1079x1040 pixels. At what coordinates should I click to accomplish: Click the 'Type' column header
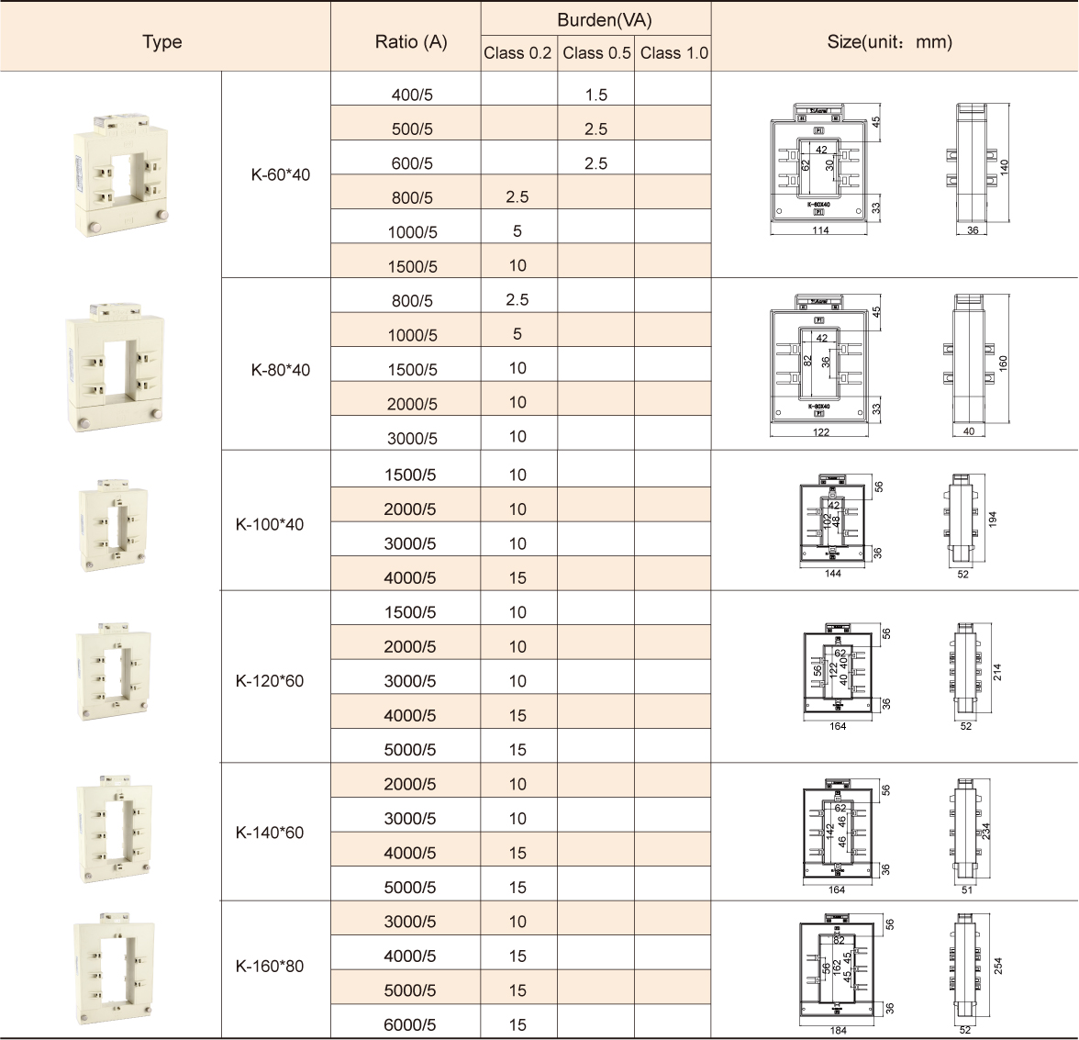[162, 41]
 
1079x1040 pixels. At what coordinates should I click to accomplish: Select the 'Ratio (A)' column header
[411, 41]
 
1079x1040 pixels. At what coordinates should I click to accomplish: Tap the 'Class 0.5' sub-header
[596, 53]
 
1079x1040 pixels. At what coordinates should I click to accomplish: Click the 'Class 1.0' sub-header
[673, 53]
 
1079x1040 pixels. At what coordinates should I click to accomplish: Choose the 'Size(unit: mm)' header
[889, 41]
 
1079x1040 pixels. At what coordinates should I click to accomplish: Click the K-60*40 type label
[280, 174]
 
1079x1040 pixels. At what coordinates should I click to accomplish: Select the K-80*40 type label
[280, 370]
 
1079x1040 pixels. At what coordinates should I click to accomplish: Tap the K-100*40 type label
[270, 525]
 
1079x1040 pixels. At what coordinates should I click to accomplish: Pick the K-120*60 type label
[270, 681]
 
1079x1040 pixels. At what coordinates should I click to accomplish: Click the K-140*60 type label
[270, 833]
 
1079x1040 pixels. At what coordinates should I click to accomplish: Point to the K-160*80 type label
[270, 966]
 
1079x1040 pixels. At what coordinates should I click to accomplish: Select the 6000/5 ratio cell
[409, 1025]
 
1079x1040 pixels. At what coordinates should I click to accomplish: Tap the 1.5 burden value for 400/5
[595, 95]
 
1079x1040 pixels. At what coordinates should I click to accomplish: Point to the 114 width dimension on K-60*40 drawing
[820, 230]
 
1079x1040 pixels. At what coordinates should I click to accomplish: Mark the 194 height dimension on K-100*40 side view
[992, 520]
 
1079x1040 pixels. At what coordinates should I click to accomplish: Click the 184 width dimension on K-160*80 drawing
[838, 1031]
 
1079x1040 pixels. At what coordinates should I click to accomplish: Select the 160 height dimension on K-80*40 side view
[1003, 363]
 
